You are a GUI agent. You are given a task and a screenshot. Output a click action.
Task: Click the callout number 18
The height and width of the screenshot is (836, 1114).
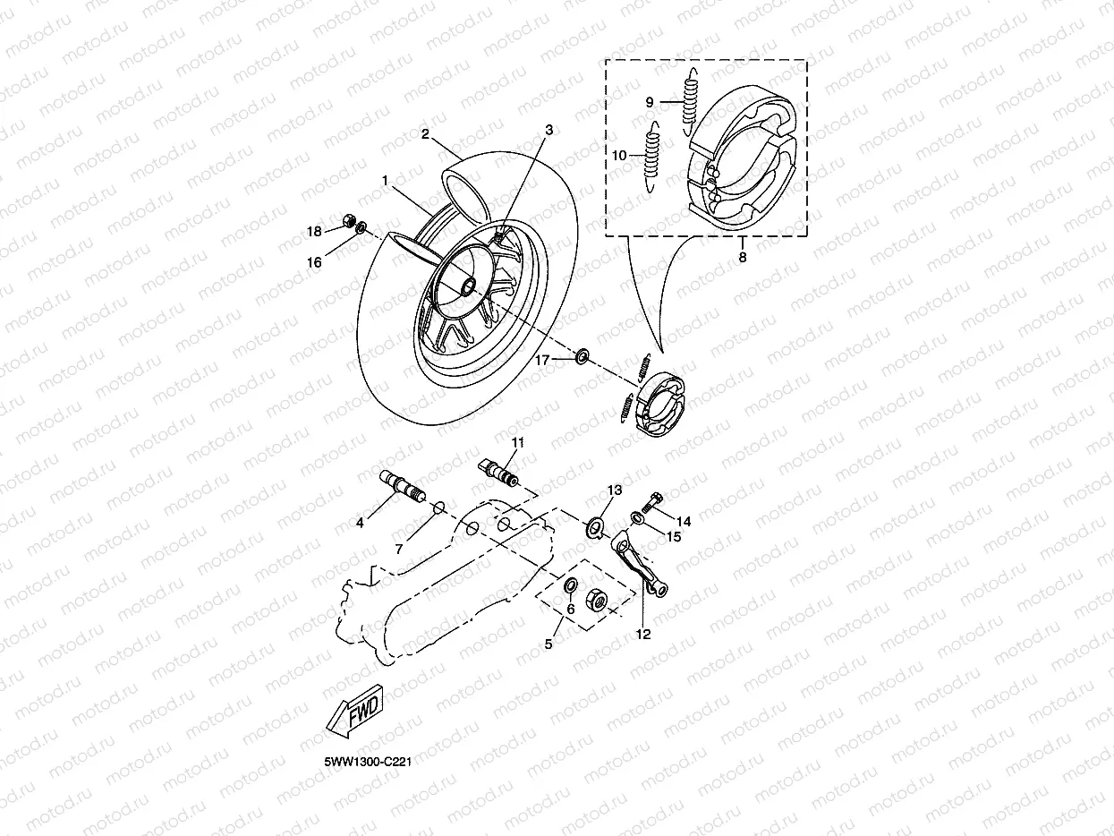pos(314,232)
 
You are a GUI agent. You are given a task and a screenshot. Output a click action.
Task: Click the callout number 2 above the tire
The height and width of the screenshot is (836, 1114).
pos(426,134)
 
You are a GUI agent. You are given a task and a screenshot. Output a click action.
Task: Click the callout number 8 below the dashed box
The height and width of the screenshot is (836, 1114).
pos(743,256)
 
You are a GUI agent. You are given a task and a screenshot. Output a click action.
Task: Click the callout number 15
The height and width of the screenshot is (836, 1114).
pos(673,536)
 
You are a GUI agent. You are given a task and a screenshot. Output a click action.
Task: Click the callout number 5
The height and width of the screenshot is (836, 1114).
pos(548,643)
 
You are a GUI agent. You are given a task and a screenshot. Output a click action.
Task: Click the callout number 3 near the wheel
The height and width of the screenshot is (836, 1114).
pos(548,130)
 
